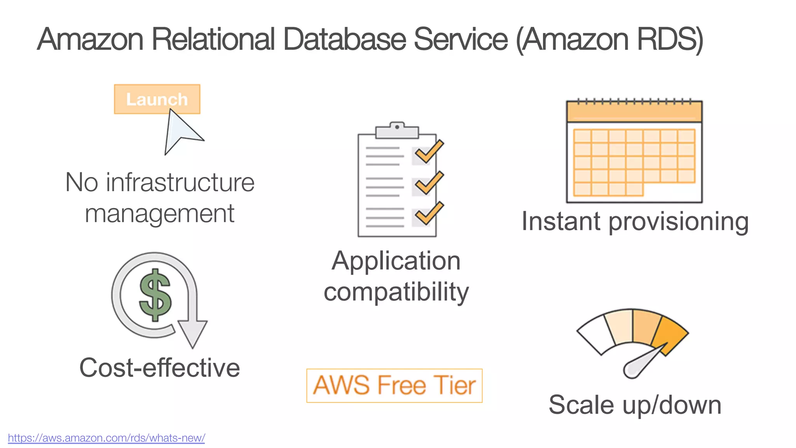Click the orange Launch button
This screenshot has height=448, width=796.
157,99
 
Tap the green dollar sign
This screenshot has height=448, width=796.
155,295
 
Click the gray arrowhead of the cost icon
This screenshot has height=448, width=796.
192,333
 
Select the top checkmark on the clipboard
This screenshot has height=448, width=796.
429,152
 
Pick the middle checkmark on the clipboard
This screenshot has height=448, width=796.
429,183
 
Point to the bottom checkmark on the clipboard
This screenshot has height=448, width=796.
429,213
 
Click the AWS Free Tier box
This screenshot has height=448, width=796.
394,385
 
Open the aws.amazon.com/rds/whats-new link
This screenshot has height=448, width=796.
106,438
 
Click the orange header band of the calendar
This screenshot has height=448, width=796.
634,112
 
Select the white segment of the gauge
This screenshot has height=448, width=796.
596,334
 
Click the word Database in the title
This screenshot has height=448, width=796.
344,39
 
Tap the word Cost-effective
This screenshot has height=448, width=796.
159,367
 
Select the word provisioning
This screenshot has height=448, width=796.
678,222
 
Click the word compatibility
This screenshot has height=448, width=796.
396,292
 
